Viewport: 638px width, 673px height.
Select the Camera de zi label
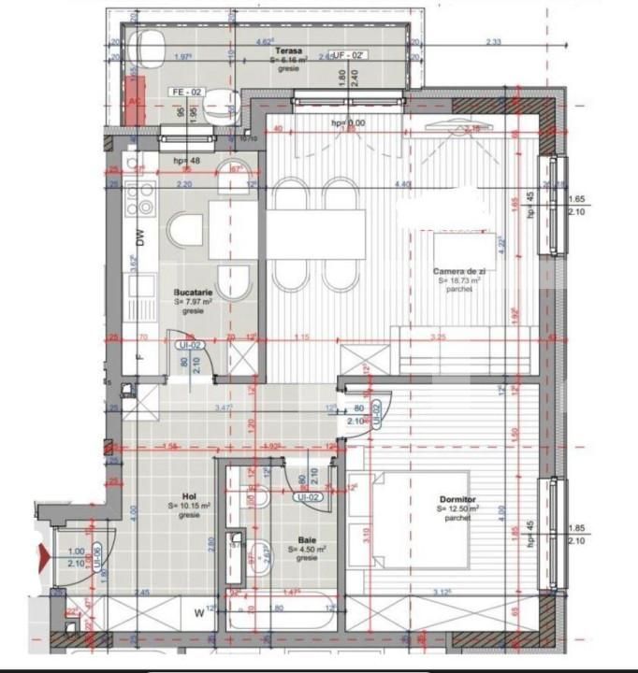pos(456,271)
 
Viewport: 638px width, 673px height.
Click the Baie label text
pos(307,540)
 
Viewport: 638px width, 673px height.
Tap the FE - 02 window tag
pos(186,92)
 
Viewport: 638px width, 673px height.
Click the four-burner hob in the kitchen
pos(145,197)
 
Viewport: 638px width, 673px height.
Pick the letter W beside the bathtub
pos(198,613)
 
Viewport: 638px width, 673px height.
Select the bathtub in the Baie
pos(282,618)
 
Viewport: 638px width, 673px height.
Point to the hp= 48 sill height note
pos(187,161)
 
